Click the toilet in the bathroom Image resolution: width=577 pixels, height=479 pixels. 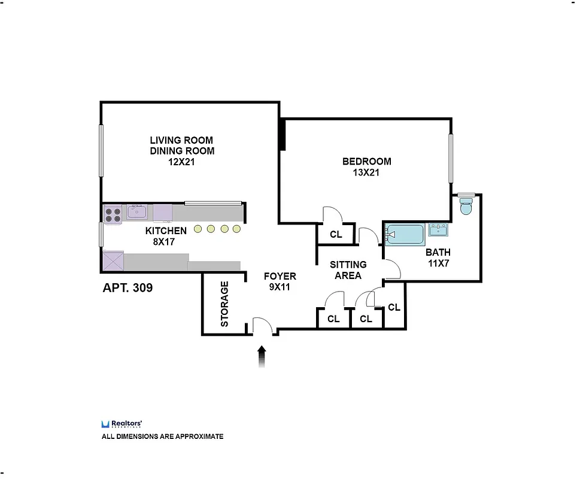[x=466, y=207]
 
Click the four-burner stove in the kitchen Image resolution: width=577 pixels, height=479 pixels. [x=113, y=214]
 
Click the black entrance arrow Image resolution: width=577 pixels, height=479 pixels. [x=262, y=356]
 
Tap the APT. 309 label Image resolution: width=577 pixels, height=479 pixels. [x=127, y=288]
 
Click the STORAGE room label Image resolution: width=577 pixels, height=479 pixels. [x=225, y=304]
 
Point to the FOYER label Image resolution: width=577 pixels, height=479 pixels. [x=280, y=276]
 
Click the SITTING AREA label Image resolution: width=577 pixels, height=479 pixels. [x=348, y=270]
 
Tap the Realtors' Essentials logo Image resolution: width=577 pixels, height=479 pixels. [x=122, y=424]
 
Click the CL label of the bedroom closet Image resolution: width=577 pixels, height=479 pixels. [x=336, y=235]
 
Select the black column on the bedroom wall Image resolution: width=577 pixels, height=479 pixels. [x=282, y=135]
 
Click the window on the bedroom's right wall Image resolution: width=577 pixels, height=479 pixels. [x=451, y=158]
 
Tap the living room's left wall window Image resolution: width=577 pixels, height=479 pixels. [x=101, y=150]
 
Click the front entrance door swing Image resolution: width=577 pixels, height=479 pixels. [x=263, y=326]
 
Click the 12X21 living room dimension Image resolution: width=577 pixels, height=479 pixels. [x=182, y=162]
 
